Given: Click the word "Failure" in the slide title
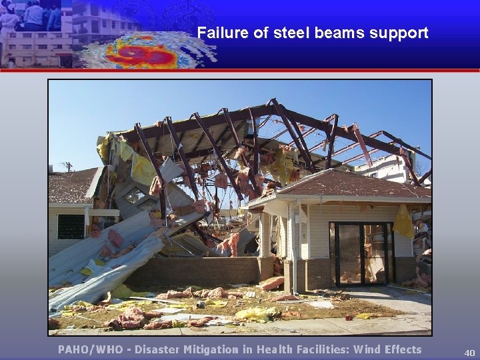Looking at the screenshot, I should click(x=221, y=33).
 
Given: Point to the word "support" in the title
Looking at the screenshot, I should click(x=399, y=33).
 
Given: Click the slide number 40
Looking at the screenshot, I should click(x=469, y=353).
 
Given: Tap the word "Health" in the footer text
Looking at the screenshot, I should click(x=275, y=349).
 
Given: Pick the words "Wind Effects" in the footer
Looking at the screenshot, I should click(x=388, y=349).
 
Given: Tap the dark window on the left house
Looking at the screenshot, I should click(x=71, y=227).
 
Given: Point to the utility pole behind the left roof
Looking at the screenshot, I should click(x=68, y=166).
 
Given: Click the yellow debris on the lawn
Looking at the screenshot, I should click(x=257, y=313).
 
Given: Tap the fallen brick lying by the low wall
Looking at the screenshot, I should click(x=271, y=283).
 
